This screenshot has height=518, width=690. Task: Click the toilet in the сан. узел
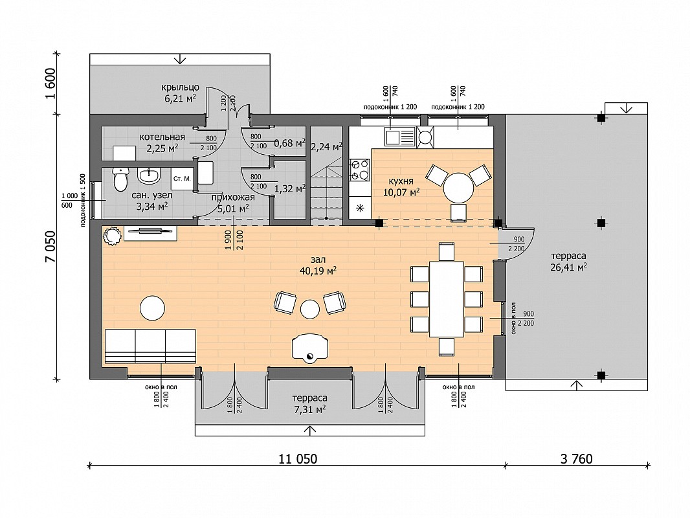pyautogui.click(x=120, y=179)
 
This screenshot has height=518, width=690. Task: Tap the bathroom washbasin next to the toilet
pyautogui.click(x=149, y=175)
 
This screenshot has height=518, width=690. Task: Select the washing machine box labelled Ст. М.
pyautogui.click(x=182, y=179)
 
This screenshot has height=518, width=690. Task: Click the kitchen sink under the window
pyautogui.click(x=400, y=137)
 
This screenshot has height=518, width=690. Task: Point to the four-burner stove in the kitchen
pyautogui.click(x=359, y=170)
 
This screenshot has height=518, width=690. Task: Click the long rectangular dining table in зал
pyautogui.click(x=447, y=299)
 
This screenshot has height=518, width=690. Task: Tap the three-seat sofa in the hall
pyautogui.click(x=150, y=346)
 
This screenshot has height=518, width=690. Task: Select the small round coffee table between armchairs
pyautogui.click(x=310, y=309)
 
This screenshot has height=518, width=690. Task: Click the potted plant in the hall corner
pyautogui.click(x=112, y=236)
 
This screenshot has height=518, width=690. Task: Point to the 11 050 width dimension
pyautogui.click(x=298, y=459)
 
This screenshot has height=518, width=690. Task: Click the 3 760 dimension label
pyautogui.click(x=577, y=459)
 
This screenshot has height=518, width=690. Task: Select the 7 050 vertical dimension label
pyautogui.click(x=51, y=247)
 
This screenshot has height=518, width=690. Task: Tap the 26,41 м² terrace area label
pyautogui.click(x=568, y=267)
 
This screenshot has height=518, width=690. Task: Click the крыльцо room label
pyautogui.click(x=181, y=87)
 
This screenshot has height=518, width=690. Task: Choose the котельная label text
pyautogui.click(x=162, y=137)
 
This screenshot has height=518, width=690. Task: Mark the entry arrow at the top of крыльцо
pyautogui.click(x=180, y=58)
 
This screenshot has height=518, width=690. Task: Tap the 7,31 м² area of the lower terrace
pyautogui.click(x=310, y=409)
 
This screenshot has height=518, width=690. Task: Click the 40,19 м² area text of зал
pyautogui.click(x=318, y=271)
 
